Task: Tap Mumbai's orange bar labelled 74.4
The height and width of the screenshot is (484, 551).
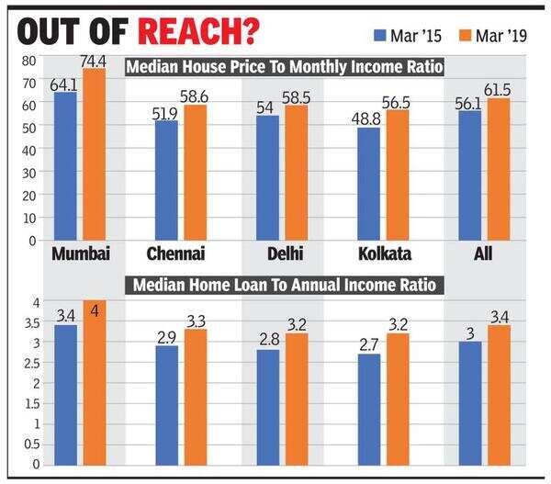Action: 95,156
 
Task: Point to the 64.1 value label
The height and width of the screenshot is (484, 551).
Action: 62,84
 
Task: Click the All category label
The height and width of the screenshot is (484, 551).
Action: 483,254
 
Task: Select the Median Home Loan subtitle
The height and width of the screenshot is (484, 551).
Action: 284,286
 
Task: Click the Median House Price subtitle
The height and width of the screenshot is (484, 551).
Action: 284,67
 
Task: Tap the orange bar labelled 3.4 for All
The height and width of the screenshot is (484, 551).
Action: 499,395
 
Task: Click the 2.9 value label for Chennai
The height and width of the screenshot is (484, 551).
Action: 165,338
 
